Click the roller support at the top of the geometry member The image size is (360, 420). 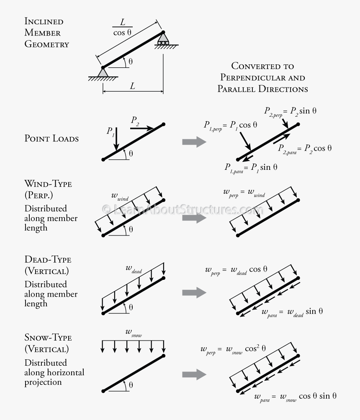pyautogui.click(x=163, y=40)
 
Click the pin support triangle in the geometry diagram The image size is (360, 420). pyautogui.click(x=103, y=72)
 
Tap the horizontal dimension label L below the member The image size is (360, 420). pyautogui.click(x=132, y=86)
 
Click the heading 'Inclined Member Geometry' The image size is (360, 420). pyautogui.click(x=46, y=33)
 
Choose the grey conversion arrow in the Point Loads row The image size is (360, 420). pyautogui.click(x=194, y=142)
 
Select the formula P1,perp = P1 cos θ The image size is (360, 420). pyautogui.click(x=230, y=125)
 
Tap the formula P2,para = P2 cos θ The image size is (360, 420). pyautogui.click(x=302, y=149)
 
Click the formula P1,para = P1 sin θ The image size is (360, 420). pyautogui.click(x=251, y=168)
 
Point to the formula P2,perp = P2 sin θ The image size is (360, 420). pyautogui.click(x=290, y=111)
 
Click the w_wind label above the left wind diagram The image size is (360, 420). pyautogui.click(x=120, y=195)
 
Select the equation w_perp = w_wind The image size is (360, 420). pyautogui.click(x=244, y=194)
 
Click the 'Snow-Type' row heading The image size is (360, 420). pyautogui.click(x=48, y=338)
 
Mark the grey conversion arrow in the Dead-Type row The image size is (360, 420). pyautogui.click(x=194, y=292)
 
